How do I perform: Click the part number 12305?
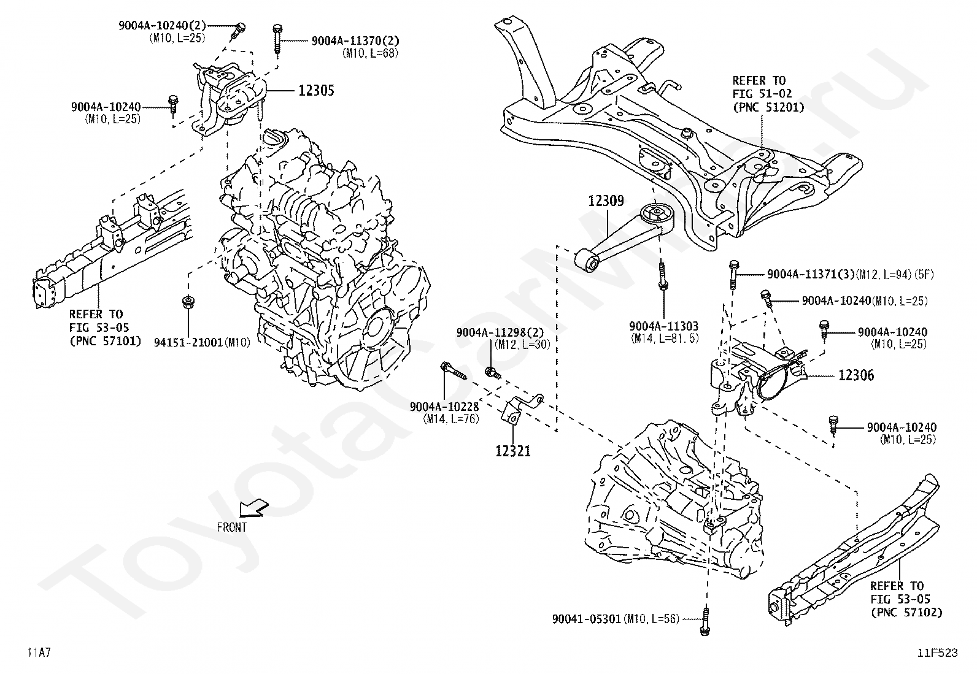pyautogui.click(x=316, y=91)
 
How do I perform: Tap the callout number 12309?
pyautogui.click(x=606, y=201)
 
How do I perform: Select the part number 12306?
pyautogui.click(x=856, y=375)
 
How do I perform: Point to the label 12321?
pyautogui.click(x=513, y=451)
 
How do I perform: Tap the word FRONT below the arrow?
pyautogui.click(x=231, y=527)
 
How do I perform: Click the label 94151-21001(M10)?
pyautogui.click(x=202, y=343)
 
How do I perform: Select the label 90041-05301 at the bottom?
pyautogui.click(x=587, y=619)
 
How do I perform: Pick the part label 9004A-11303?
pyautogui.click(x=664, y=326)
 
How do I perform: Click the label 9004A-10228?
pyautogui.click(x=444, y=407)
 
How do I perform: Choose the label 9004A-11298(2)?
pyautogui.click(x=500, y=332)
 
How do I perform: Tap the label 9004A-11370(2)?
pyautogui.click(x=355, y=41)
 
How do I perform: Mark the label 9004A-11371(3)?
pyautogui.click(x=811, y=274)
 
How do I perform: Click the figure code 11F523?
pyautogui.click(x=938, y=653)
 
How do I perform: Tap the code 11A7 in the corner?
pyautogui.click(x=39, y=653)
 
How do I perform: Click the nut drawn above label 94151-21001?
pyautogui.click(x=188, y=302)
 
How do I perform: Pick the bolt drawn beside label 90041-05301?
pyautogui.click(x=705, y=622)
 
